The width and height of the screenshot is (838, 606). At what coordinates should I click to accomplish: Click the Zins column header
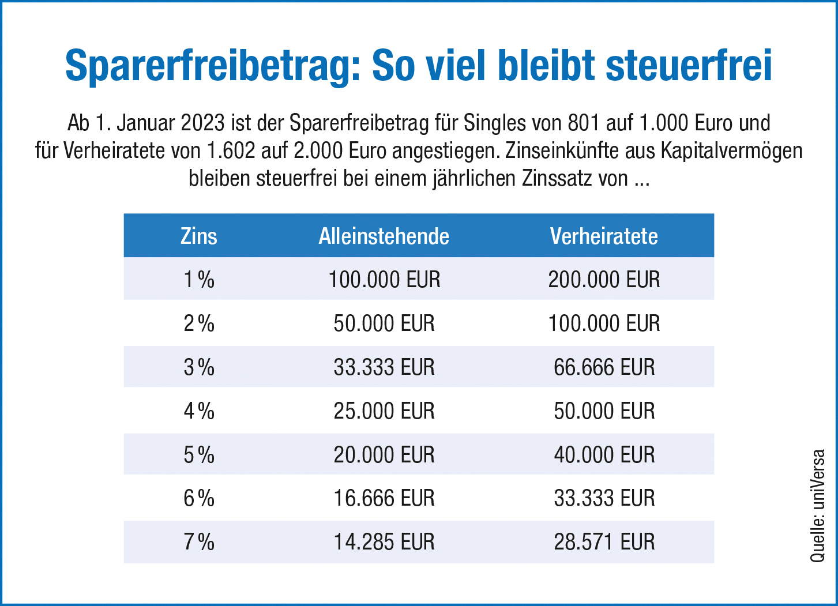point(199,236)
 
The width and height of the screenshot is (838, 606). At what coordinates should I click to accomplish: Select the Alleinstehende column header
point(384,236)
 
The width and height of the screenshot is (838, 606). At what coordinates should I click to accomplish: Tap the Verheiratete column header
point(604,236)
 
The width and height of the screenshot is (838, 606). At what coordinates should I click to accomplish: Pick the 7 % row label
point(199,542)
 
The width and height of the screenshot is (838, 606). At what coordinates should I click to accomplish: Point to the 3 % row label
point(199,367)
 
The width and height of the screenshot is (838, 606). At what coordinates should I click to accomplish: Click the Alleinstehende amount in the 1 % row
point(384,280)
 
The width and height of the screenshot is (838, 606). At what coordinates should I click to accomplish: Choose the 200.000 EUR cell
point(604,280)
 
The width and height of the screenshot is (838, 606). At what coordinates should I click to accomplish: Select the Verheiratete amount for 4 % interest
point(604,411)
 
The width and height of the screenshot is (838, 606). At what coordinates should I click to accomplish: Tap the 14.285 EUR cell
point(384,542)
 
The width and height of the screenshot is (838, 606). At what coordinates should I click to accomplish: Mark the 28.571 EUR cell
point(604,542)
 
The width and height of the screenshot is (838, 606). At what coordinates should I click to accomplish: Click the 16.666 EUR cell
point(384,498)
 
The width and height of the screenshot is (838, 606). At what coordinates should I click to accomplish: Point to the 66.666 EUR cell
point(604,367)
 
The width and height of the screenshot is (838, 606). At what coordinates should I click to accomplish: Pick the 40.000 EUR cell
point(604,455)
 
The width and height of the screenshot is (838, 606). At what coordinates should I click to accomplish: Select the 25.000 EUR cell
point(384,411)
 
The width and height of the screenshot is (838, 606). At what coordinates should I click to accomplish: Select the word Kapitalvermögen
point(731,151)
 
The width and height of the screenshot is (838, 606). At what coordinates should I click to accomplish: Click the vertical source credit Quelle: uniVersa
point(818,506)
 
